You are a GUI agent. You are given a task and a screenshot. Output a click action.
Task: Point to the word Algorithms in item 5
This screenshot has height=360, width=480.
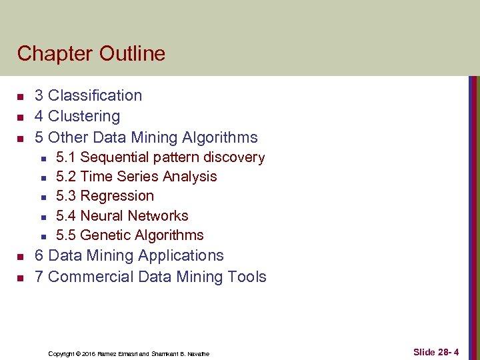221,137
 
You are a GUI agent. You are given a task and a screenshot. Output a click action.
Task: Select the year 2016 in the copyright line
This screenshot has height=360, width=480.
89,353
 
